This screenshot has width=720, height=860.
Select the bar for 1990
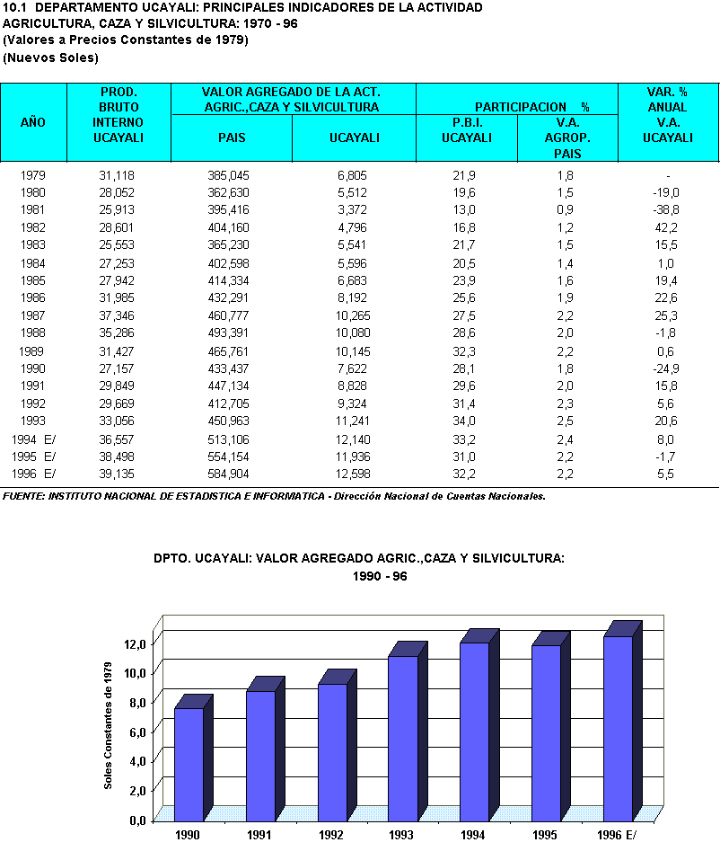pyautogui.click(x=189, y=764)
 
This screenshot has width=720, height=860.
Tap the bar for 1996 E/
pyautogui.click(x=617, y=728)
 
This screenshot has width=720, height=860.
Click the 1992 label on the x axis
pyautogui.click(x=331, y=835)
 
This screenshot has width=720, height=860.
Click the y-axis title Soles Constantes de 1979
pyautogui.click(x=109, y=724)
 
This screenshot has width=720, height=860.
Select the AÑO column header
pyautogui.click(x=33, y=122)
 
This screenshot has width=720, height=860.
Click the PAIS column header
pyautogui.click(x=232, y=137)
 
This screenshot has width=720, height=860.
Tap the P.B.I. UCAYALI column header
pyautogui.click(x=467, y=130)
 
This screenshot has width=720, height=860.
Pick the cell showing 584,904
pyautogui.click(x=232, y=474)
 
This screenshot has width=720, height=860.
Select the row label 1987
pyautogui.click(x=33, y=315)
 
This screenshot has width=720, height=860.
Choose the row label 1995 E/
pyautogui.click(x=33, y=457)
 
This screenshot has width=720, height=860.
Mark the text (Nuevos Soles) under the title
pyautogui.click(x=51, y=58)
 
